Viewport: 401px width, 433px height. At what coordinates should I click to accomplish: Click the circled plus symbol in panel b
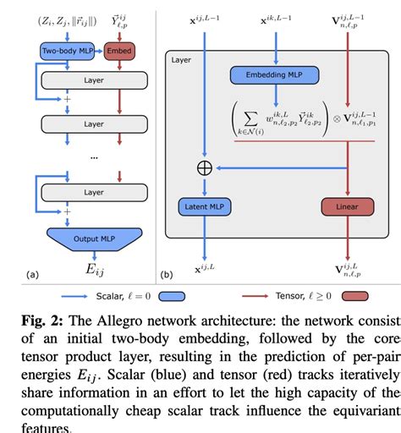pyautogui.click(x=204, y=167)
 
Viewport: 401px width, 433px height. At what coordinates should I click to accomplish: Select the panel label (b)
pyautogui.click(x=167, y=274)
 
